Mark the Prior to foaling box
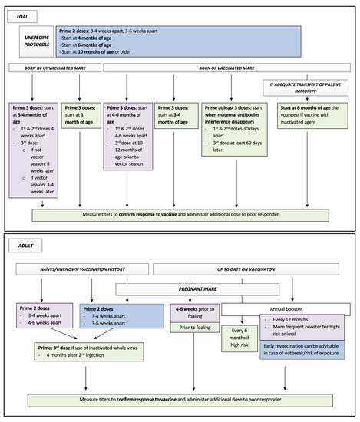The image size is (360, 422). pos(193,331)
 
